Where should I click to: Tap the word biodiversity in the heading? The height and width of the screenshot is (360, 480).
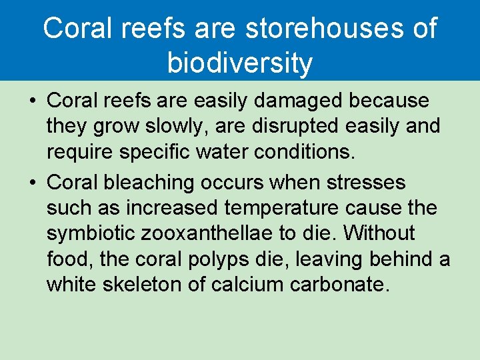(x=239, y=63)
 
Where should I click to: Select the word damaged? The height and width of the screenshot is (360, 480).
(x=303, y=101)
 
